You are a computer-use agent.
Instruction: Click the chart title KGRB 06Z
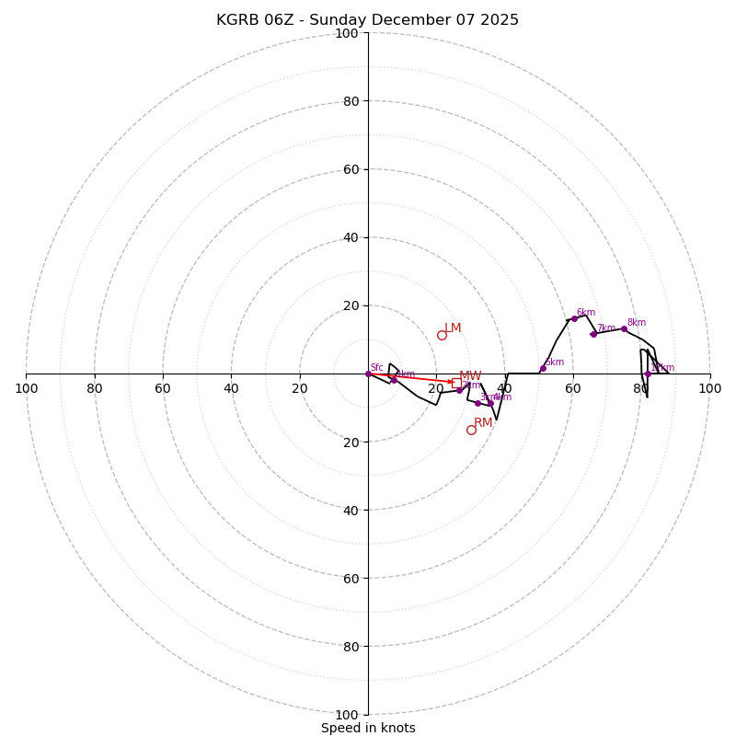[x=367, y=20]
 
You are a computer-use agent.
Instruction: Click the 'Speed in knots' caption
[x=368, y=728]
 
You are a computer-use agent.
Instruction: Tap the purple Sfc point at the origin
[x=368, y=374]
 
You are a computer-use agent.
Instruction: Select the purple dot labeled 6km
[x=574, y=318]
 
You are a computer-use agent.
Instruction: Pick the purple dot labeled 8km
[x=624, y=328]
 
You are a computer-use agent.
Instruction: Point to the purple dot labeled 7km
[x=593, y=334]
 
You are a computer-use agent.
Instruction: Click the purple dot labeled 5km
[x=543, y=368]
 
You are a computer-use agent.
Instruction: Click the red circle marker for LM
[x=442, y=335]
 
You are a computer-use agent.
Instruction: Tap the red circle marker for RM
[x=471, y=430]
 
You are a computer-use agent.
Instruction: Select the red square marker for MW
[x=456, y=383]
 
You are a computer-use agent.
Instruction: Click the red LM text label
[x=453, y=328]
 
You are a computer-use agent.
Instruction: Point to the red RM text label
[x=483, y=423]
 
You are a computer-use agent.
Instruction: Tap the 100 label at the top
[x=347, y=33]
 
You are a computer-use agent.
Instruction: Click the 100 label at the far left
[x=26, y=388]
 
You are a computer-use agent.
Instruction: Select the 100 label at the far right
[x=709, y=388]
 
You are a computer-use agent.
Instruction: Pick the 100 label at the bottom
[x=347, y=715]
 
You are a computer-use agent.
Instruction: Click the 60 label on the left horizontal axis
[x=163, y=388]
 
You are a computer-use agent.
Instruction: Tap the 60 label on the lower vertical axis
[x=351, y=578]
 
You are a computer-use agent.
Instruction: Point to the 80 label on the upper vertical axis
[x=351, y=101]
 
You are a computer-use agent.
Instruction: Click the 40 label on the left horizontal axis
[x=231, y=388]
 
